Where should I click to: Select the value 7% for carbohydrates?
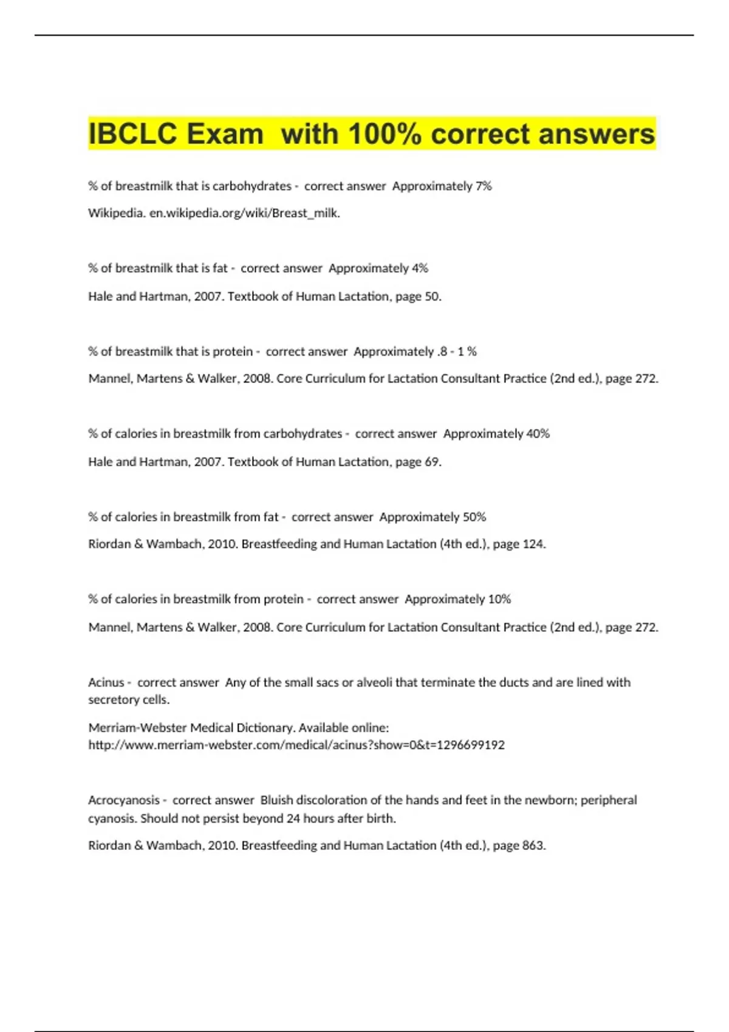484,186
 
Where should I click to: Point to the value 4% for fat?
420,268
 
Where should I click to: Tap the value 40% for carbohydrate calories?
538,434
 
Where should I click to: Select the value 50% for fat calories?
474,517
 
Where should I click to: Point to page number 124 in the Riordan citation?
533,544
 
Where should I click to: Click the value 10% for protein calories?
499,599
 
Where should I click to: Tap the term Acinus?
106,682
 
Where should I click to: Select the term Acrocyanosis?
124,800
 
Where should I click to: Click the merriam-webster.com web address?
296,745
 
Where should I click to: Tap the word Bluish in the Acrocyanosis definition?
277,800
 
